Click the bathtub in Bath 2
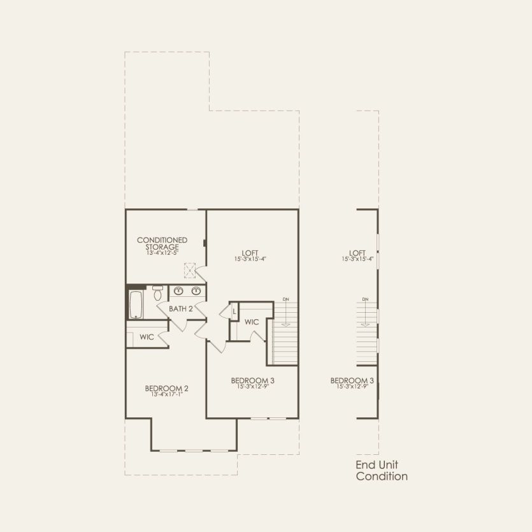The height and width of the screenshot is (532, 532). (136, 305)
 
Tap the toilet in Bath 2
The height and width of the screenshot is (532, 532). (157, 292)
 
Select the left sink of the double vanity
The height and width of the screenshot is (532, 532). (180, 291)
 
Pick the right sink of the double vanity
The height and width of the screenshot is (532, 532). (196, 291)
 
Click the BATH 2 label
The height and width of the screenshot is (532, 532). (181, 309)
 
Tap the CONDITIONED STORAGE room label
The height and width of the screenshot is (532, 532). (162, 243)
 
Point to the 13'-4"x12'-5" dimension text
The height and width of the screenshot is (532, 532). (162, 252)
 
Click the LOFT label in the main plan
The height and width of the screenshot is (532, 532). (250, 251)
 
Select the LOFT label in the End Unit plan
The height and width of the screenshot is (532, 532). (357, 252)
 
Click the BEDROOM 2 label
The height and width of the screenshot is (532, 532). (166, 388)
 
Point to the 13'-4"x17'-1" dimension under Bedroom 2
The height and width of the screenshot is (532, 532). (166, 395)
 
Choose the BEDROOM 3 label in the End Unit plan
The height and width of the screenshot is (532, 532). (352, 380)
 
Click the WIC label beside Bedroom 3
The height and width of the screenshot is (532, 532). (251, 322)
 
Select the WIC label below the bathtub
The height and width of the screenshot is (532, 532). (147, 336)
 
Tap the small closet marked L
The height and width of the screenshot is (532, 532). (234, 311)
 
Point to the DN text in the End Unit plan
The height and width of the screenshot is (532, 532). (365, 299)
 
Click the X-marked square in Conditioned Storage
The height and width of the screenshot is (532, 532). (189, 271)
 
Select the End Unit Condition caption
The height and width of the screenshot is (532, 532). (382, 470)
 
